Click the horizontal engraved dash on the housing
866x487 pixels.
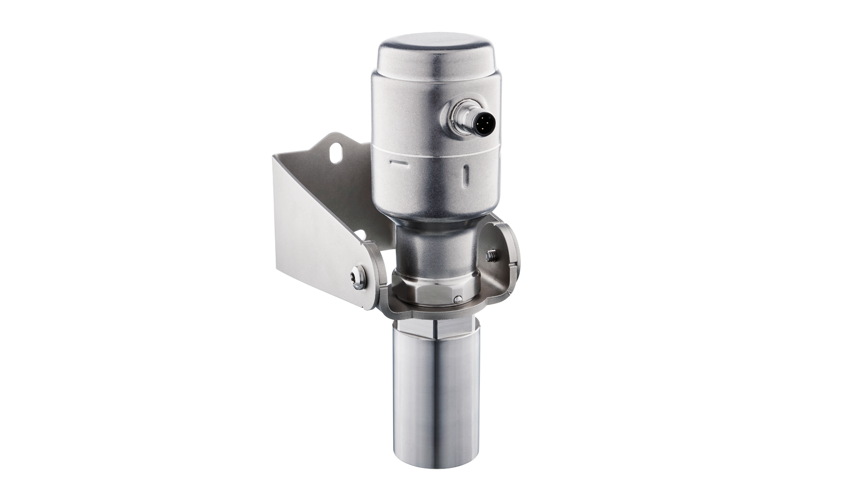(398, 162)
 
